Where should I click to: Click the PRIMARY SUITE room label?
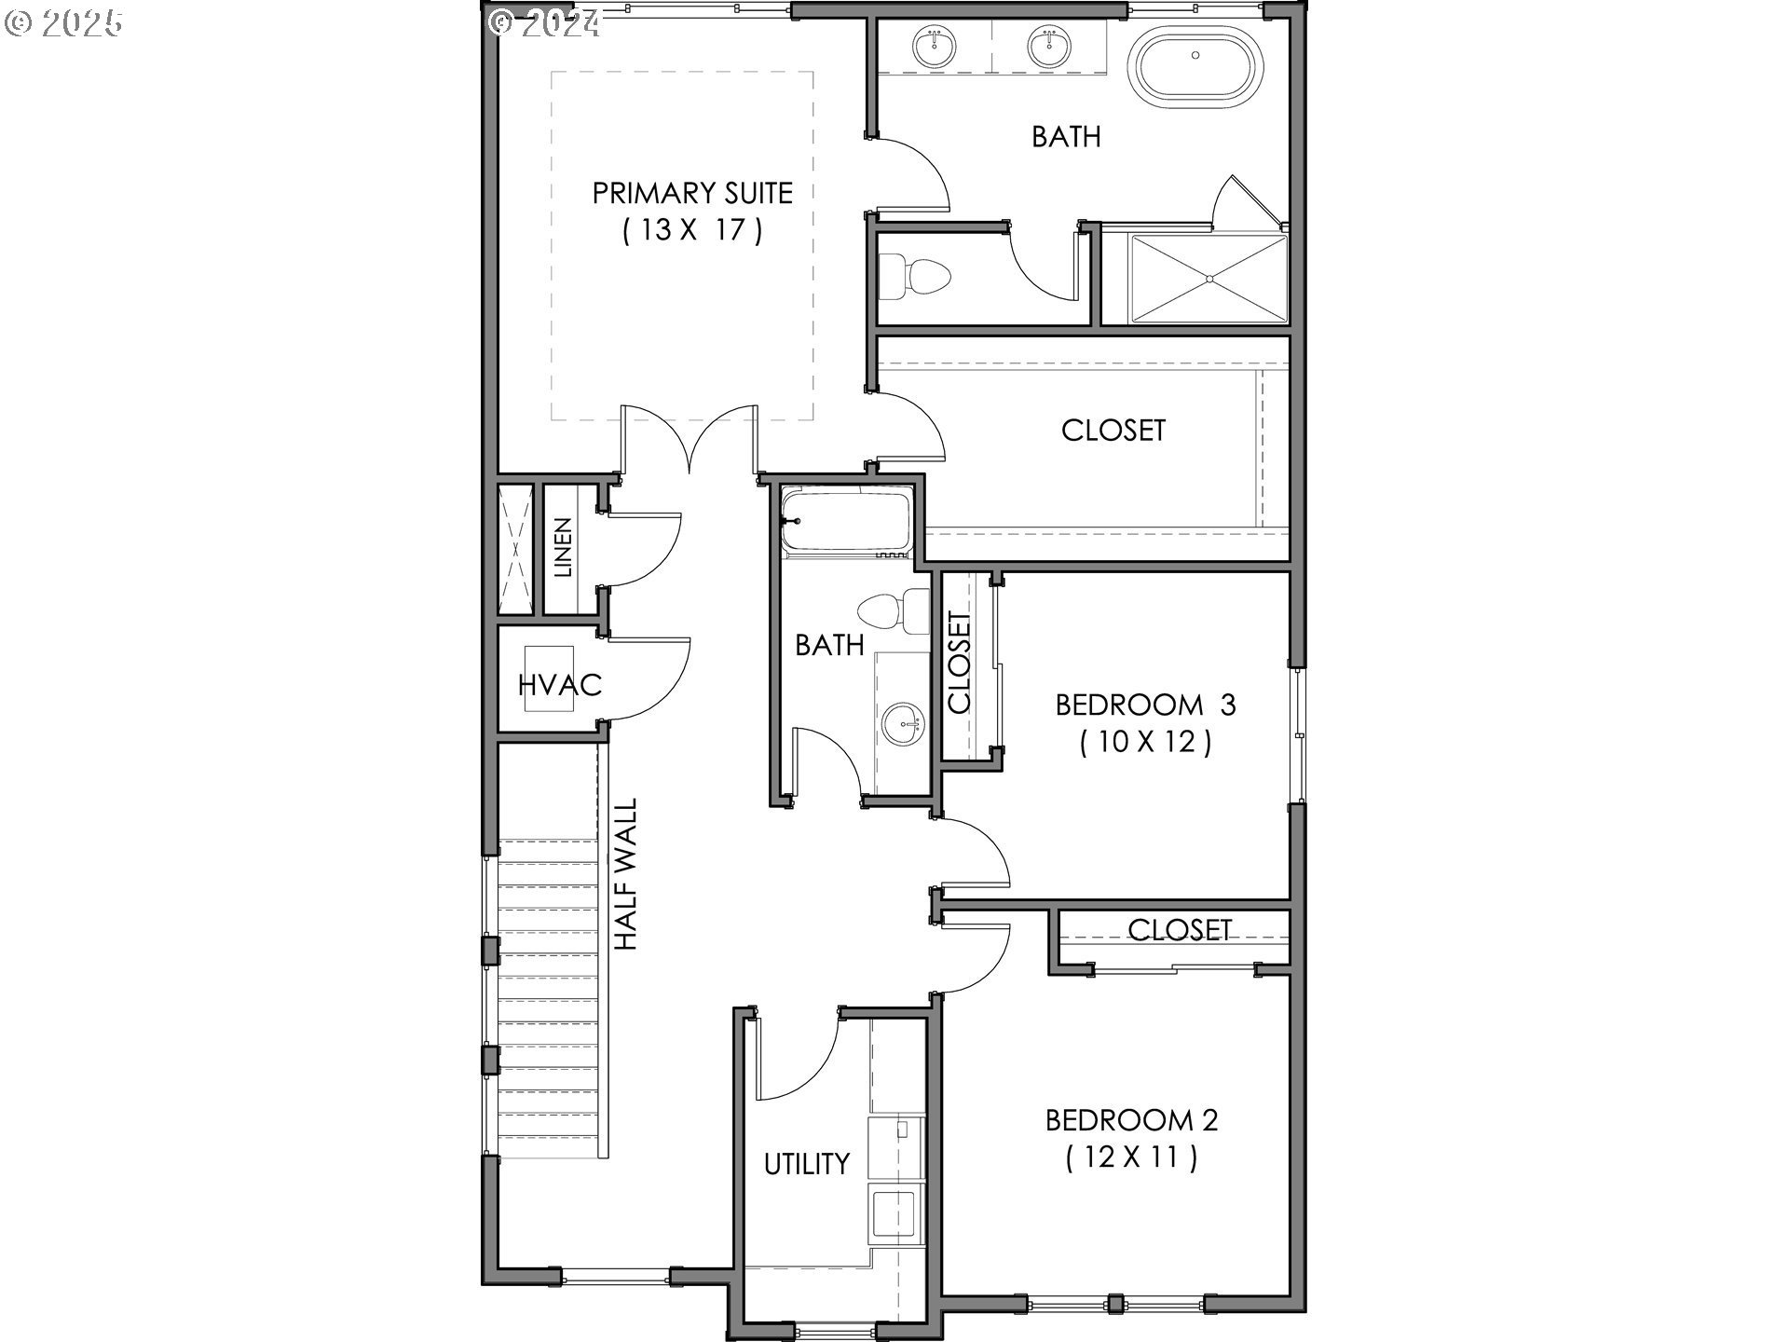[692, 193]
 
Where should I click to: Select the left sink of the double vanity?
[933, 47]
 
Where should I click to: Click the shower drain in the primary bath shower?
[1209, 277]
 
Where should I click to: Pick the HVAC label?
[560, 685]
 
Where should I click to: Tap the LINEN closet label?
[563, 548]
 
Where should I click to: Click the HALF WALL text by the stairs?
[626, 874]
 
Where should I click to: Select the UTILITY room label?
[807, 1163]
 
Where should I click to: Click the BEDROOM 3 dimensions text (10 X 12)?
[1146, 742]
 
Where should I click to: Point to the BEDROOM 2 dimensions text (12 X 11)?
[1132, 1157]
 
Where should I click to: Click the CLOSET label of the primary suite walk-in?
[1113, 430]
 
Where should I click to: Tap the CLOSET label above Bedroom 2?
[1180, 929]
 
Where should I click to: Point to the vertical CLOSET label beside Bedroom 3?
[960, 663]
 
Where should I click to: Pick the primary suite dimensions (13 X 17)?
[692, 229]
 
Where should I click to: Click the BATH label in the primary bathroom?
[1066, 137]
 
